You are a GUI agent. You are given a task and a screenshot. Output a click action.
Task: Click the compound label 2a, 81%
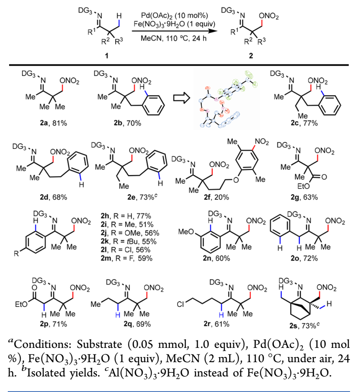coord(53,123)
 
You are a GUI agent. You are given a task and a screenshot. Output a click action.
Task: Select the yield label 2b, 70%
coord(127,123)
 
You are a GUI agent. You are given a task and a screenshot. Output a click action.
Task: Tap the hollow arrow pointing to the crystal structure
coord(182,98)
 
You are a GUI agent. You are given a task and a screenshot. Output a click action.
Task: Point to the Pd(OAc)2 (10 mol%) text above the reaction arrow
coord(175,16)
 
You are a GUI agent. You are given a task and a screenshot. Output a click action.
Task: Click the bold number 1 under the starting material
coord(107,55)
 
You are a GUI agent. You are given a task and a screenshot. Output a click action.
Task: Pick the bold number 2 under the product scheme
coord(251,55)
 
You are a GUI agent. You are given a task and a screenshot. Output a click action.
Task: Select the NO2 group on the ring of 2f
coord(262,142)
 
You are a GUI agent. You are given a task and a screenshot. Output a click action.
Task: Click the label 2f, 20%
coord(216,197)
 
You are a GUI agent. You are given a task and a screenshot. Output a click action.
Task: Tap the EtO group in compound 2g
coord(303,186)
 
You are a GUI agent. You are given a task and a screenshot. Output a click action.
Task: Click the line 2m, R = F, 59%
coord(126,258)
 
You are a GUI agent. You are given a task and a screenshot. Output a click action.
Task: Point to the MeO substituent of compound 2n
coord(186,232)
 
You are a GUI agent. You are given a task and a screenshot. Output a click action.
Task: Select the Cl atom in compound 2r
coord(180,305)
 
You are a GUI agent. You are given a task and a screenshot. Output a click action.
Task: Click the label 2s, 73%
coord(305,325)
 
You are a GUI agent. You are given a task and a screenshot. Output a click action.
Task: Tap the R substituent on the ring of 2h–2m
coord(16,254)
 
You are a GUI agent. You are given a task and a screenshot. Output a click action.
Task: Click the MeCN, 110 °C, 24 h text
coord(173,39)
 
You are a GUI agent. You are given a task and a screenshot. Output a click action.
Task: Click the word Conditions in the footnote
coord(42,344)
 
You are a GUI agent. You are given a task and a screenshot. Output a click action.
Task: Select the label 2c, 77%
coord(304,123)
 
